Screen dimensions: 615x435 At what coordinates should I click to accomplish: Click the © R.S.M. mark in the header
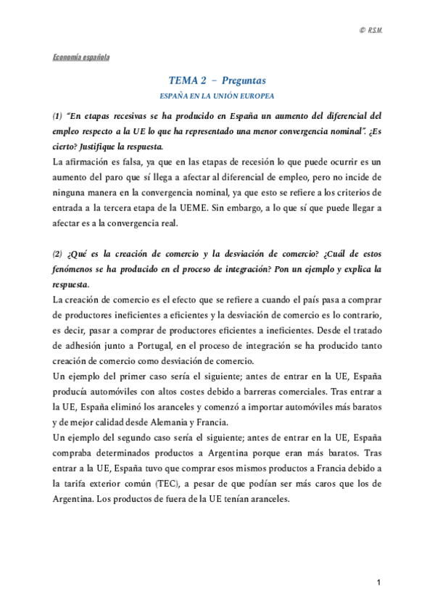click(x=371, y=29)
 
